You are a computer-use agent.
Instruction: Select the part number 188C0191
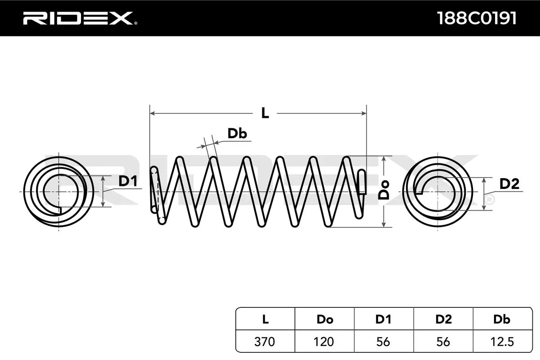(477, 18)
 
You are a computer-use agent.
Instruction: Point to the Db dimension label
(237, 134)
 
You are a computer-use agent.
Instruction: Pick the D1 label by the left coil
(128, 181)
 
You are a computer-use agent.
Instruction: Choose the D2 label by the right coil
(509, 184)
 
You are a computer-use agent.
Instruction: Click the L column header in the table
(265, 319)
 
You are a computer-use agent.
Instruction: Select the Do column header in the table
(324, 319)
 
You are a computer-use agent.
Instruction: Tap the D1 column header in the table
(383, 319)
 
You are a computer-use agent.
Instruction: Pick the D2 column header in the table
(443, 319)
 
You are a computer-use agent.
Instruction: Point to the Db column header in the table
(502, 319)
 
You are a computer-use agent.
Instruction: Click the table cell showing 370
(265, 342)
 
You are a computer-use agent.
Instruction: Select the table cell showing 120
(324, 342)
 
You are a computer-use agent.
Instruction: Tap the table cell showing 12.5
(502, 342)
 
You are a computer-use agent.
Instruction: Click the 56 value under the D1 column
(383, 342)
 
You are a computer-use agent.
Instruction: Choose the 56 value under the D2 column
(443, 342)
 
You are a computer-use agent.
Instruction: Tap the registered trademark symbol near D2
(490, 198)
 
